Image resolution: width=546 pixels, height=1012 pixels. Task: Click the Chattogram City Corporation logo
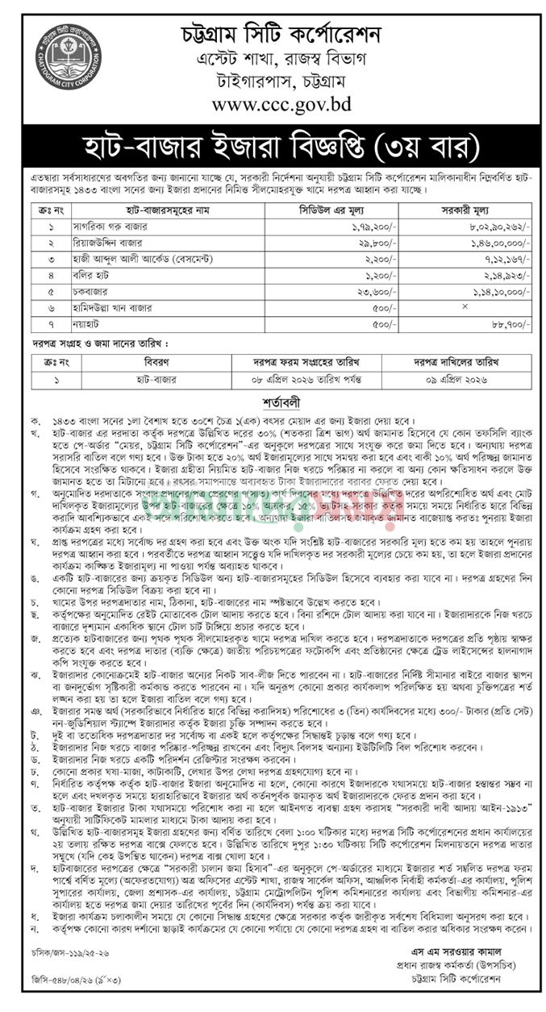[x=68, y=60]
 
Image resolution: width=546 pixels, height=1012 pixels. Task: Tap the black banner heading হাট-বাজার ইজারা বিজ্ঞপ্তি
[x=273, y=148]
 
